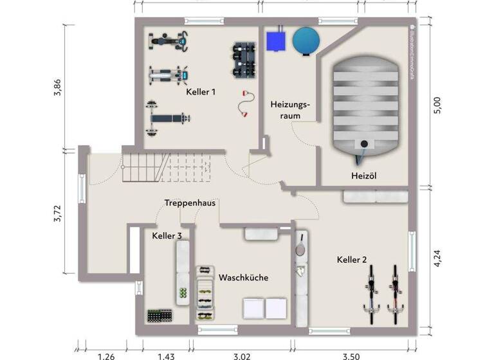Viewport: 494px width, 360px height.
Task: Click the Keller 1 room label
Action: click(201, 92)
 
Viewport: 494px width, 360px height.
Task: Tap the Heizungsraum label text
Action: click(289, 110)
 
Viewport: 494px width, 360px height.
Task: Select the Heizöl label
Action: click(365, 175)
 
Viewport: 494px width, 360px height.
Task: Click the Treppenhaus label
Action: click(189, 203)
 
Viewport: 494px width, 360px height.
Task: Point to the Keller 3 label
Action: click(167, 236)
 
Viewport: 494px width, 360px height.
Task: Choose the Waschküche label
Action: click(243, 278)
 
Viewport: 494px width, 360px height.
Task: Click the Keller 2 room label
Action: click(352, 260)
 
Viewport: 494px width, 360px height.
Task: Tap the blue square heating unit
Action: click(278, 40)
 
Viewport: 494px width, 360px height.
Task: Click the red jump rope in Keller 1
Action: click(244, 104)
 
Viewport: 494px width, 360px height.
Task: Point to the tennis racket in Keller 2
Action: click(300, 243)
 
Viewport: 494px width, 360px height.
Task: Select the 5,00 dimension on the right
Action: click(437, 105)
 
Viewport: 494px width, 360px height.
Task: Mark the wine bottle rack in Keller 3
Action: click(160, 316)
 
